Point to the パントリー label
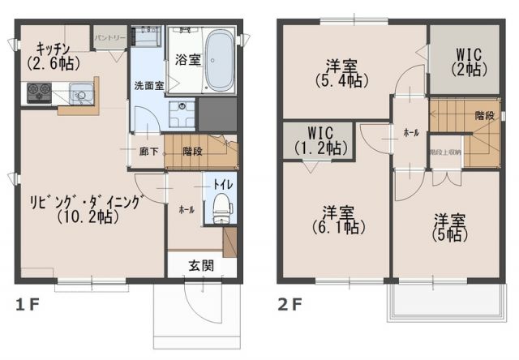pos(109,37)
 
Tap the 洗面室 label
pos(148,85)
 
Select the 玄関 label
pos(204,264)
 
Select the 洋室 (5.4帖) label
pos(339,72)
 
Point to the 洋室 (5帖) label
pos(446,227)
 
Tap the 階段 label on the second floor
pos(485,115)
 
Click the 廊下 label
pos(148,151)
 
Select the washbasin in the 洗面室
pos(182,109)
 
